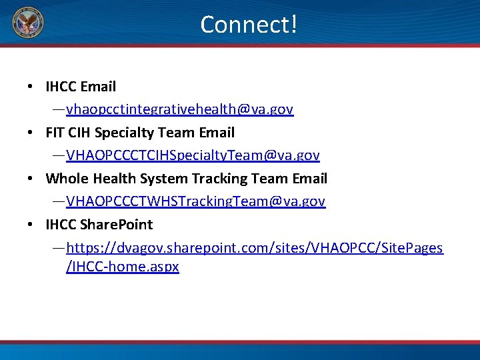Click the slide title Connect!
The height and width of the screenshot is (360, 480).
[248, 25]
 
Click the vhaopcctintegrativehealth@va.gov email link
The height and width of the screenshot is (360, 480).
[179, 109]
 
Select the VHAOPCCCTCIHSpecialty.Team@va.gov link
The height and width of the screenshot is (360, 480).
[193, 155]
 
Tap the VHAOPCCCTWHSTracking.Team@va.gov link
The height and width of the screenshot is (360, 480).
[195, 201]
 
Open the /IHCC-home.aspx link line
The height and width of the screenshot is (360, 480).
[123, 267]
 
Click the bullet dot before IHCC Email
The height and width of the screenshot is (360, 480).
[31, 87]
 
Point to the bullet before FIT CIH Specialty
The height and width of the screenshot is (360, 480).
[31, 133]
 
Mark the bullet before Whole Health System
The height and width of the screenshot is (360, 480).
[31, 179]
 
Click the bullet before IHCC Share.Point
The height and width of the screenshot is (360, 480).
[31, 225]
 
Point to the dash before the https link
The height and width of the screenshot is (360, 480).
[59, 248]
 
